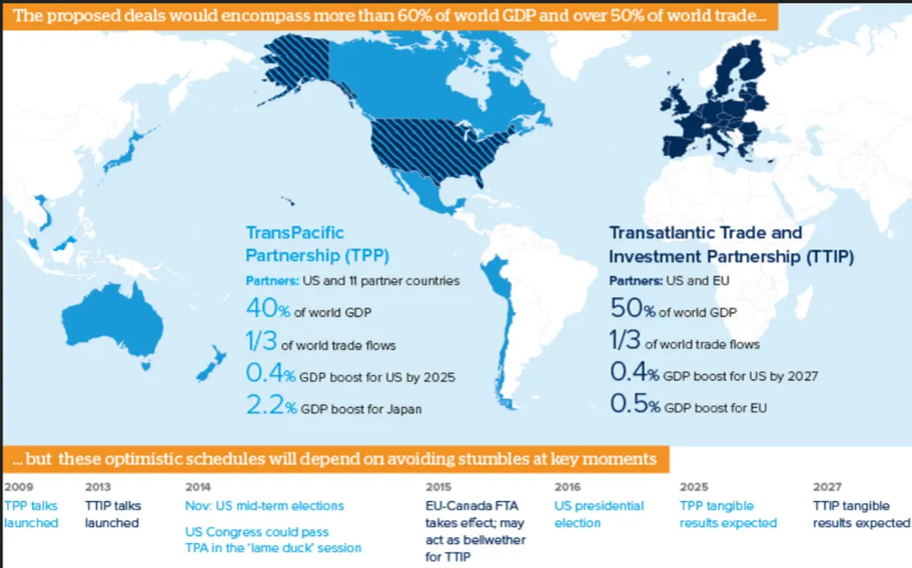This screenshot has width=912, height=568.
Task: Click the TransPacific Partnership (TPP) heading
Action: [307, 245]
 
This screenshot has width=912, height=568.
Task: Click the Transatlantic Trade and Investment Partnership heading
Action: [730, 245]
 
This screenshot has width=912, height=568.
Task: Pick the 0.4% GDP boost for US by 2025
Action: [350, 376]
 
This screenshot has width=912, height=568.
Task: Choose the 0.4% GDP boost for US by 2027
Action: [713, 375]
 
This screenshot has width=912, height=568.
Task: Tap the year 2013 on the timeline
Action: [99, 487]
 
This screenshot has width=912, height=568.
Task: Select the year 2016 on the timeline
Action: [567, 487]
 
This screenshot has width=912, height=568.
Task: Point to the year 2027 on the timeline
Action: [827, 487]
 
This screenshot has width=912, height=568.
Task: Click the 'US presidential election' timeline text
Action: [598, 515]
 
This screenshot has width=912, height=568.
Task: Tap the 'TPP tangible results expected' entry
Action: [728, 515]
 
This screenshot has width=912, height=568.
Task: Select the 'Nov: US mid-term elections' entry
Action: [265, 506]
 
